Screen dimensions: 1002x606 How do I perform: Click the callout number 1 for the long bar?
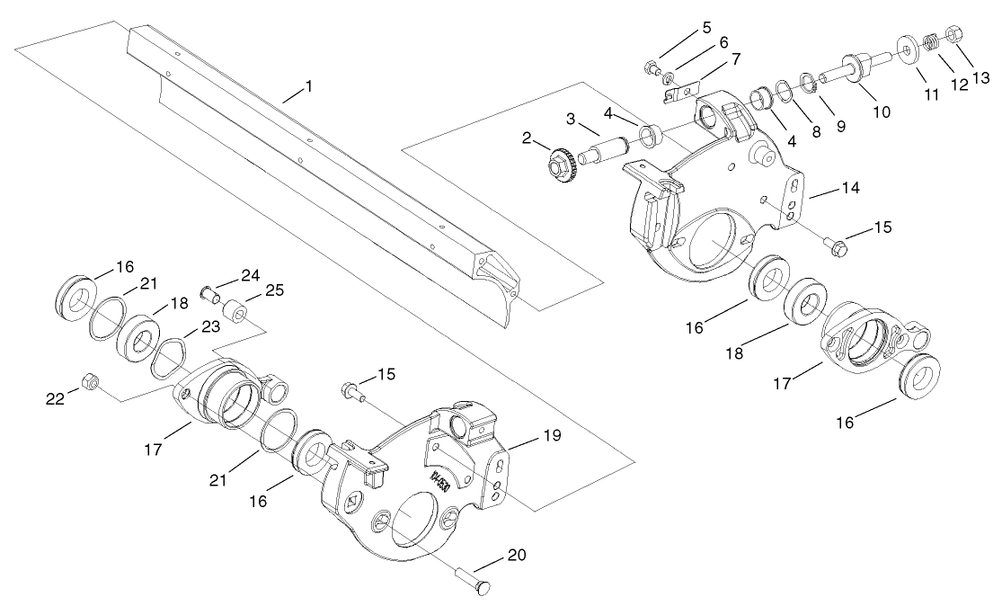(x=308, y=87)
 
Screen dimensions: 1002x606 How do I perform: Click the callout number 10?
(x=882, y=112)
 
